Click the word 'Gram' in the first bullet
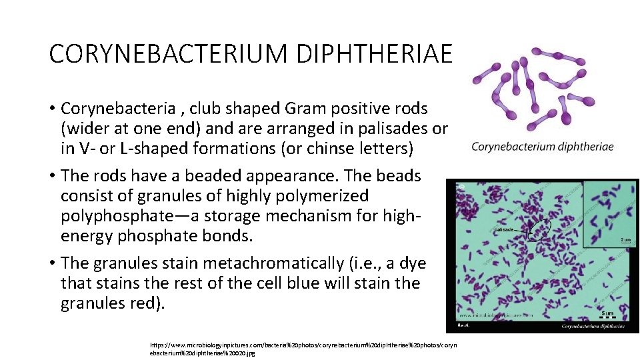tap(303, 108)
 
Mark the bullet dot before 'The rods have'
tap(51, 176)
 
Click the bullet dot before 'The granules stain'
tap(51, 263)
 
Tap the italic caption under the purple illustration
tap(543, 147)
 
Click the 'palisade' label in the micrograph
tap(504, 229)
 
